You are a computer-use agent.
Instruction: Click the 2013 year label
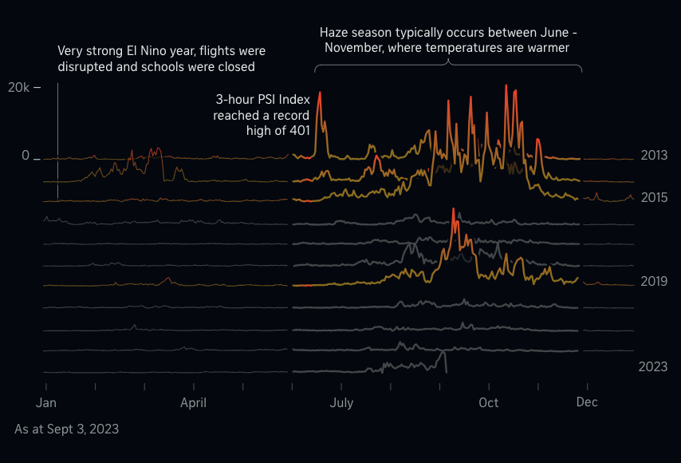654,156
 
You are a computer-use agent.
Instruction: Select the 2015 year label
654,197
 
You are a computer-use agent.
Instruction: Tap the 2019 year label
654,281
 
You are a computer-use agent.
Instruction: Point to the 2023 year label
653,366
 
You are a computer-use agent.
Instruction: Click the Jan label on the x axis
45,402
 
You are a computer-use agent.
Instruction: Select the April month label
193,402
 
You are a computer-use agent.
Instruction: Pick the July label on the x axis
341,402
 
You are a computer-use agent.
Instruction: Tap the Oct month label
489,402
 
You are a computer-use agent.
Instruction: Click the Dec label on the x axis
587,402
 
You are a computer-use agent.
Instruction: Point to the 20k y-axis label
19,87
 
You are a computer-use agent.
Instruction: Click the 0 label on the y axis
26,156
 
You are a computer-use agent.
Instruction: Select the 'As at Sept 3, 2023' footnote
67,429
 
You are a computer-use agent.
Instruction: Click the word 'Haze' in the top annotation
336,33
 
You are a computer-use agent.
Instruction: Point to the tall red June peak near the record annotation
320,93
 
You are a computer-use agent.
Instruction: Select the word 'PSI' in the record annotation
268,100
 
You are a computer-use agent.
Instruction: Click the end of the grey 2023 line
446,372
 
